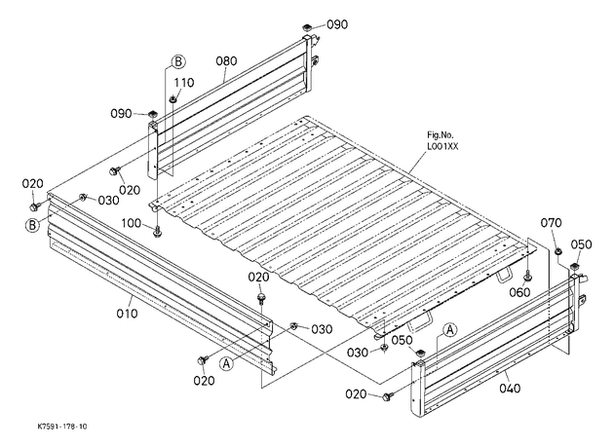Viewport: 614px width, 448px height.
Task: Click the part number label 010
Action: (x=128, y=313)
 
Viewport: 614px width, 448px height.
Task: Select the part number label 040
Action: (x=511, y=389)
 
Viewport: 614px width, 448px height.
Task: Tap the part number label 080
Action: (x=226, y=61)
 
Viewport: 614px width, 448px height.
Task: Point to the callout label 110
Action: (x=184, y=83)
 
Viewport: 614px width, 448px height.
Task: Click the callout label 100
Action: (x=132, y=223)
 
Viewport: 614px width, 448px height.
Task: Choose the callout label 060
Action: (x=520, y=292)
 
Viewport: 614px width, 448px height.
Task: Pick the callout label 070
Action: (x=551, y=223)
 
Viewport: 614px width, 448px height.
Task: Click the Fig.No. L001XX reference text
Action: (x=442, y=141)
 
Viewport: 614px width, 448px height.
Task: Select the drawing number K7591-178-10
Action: (x=62, y=427)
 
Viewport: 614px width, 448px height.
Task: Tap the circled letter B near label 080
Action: (x=178, y=61)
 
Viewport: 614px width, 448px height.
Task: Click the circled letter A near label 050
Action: (x=450, y=330)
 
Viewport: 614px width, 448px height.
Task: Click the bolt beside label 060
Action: (x=528, y=276)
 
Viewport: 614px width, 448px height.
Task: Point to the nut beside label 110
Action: (x=173, y=99)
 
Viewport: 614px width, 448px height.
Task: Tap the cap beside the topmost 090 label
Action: (x=307, y=28)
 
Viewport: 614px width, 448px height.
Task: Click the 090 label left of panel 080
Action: (x=121, y=114)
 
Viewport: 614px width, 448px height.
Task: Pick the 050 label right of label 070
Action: (x=581, y=244)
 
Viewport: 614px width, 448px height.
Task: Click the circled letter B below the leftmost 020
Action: (x=32, y=225)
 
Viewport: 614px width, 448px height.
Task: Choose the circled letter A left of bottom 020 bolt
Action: (x=226, y=363)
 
